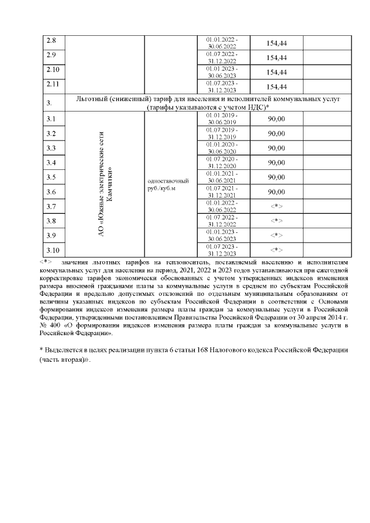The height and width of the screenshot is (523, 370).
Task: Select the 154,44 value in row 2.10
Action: (276, 72)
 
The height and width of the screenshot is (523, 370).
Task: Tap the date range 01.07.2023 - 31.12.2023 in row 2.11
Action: (223, 87)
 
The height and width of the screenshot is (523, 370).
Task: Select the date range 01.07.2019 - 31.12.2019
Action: (223, 133)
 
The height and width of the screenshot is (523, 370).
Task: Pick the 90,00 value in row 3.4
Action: (276, 162)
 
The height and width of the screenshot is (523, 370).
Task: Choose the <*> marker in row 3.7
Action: (276, 206)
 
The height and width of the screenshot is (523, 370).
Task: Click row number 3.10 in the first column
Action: (53, 250)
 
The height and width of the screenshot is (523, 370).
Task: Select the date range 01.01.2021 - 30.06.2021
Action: (223, 177)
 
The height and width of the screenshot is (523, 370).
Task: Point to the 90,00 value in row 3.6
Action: (276, 192)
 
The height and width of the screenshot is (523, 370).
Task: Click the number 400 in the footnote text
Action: (59, 325)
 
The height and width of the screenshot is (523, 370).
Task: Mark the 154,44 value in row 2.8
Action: (276, 43)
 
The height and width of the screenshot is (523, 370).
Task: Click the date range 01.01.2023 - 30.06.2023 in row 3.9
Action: (223, 235)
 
